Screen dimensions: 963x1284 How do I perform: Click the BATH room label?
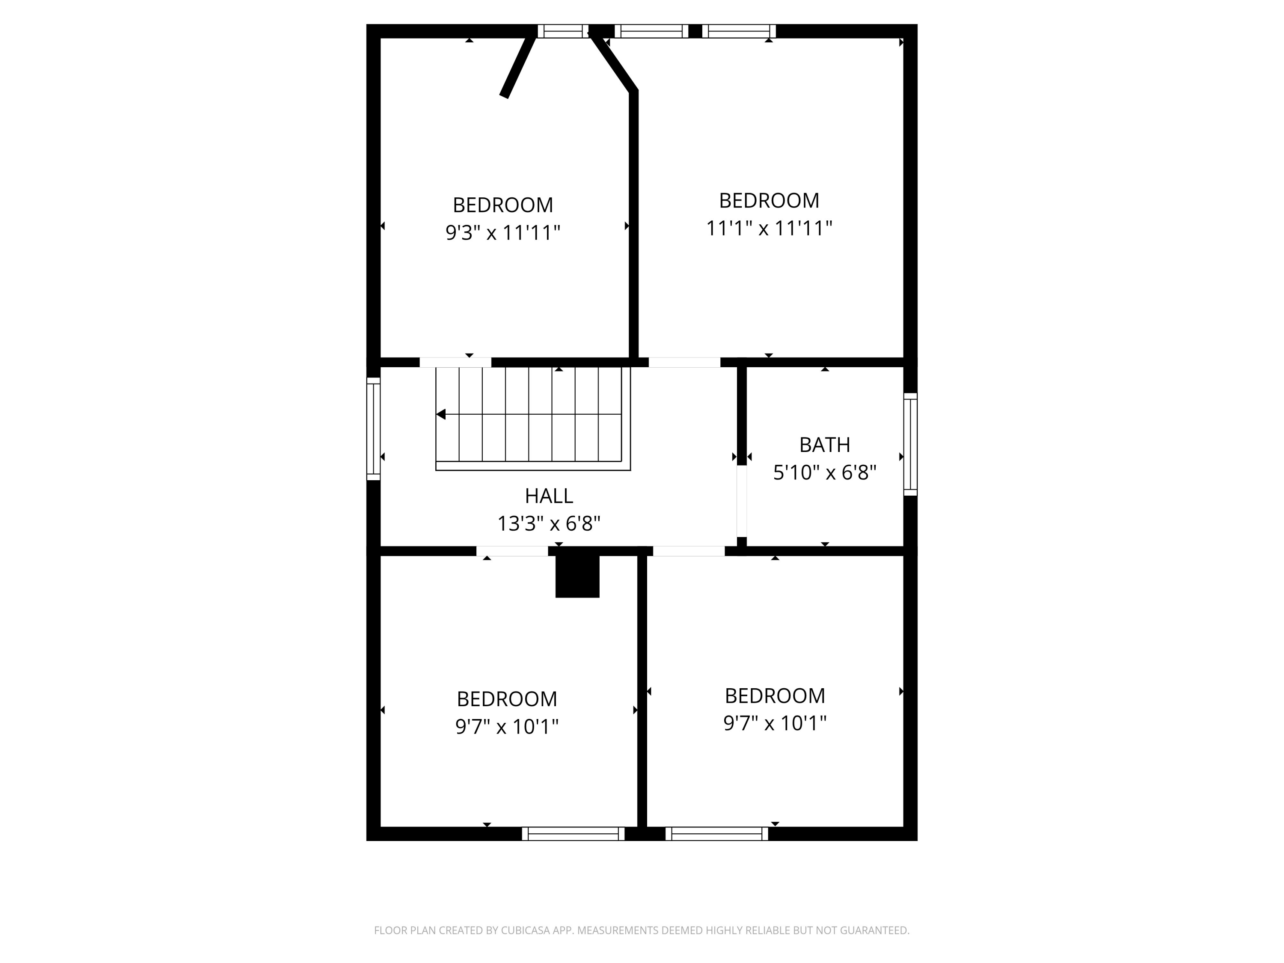[x=824, y=445]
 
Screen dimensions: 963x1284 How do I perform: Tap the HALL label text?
[x=549, y=496]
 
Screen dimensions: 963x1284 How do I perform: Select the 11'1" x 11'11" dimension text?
[x=769, y=228]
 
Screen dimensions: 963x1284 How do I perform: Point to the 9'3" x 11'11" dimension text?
[x=503, y=233]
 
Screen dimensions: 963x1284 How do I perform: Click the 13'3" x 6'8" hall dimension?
[x=549, y=523]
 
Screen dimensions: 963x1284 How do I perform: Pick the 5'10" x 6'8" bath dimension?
[x=824, y=473]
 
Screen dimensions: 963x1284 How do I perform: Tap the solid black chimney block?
[x=577, y=576]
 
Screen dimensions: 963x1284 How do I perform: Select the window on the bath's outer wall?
[x=910, y=445]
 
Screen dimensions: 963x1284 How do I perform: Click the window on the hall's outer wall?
[x=373, y=429]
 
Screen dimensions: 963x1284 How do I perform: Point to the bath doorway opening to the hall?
[x=741, y=502]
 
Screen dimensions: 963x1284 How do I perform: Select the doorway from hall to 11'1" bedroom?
[x=684, y=362]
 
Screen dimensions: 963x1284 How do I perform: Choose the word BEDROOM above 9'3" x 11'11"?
[x=503, y=205]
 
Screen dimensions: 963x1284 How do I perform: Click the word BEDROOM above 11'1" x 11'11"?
[x=769, y=200]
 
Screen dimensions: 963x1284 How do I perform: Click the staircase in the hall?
[x=532, y=418]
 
